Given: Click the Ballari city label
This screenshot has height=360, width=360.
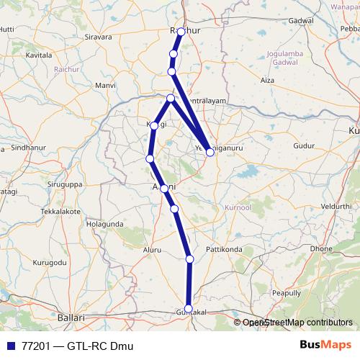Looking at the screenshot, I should pos(71,317).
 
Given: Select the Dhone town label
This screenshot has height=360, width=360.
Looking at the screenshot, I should pos(323,248).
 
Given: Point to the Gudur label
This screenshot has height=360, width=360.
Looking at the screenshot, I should pos(305,146).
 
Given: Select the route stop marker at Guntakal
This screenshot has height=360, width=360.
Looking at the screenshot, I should pos(189,307).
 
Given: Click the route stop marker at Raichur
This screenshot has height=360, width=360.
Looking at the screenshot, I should pos(181,32).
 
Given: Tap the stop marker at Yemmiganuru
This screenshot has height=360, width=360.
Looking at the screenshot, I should pos(210,152).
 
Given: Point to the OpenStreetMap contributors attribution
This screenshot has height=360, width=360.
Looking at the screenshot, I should pos(297,323).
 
